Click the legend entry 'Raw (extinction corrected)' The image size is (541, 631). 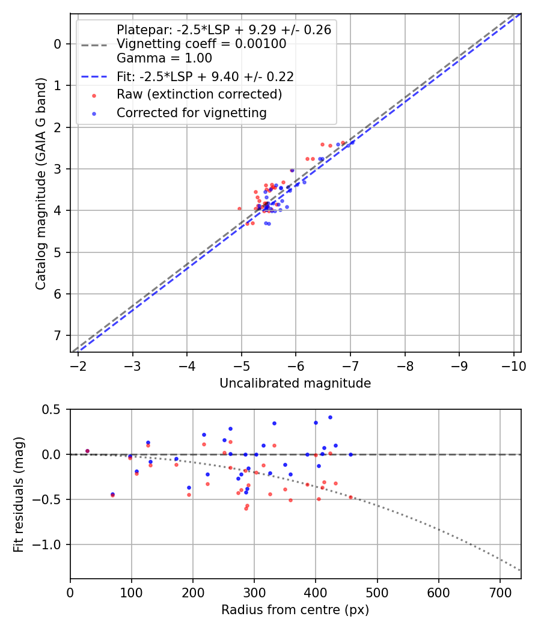(199, 94)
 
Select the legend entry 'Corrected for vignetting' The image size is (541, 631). (191, 112)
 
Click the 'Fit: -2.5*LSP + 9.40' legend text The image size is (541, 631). (205, 76)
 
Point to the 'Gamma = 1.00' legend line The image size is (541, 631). (164, 58)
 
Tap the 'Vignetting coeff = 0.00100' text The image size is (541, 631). (201, 44)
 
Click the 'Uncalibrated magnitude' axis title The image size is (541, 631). (295, 383)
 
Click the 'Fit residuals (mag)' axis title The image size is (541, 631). (19, 494)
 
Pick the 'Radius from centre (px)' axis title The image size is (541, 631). (295, 610)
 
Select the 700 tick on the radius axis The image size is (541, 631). (439, 591)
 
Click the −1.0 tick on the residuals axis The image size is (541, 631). (51, 544)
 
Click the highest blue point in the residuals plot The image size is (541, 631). (330, 417)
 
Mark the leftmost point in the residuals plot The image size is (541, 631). (87, 451)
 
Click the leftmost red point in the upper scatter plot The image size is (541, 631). (239, 209)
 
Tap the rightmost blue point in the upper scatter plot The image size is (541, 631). (352, 142)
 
